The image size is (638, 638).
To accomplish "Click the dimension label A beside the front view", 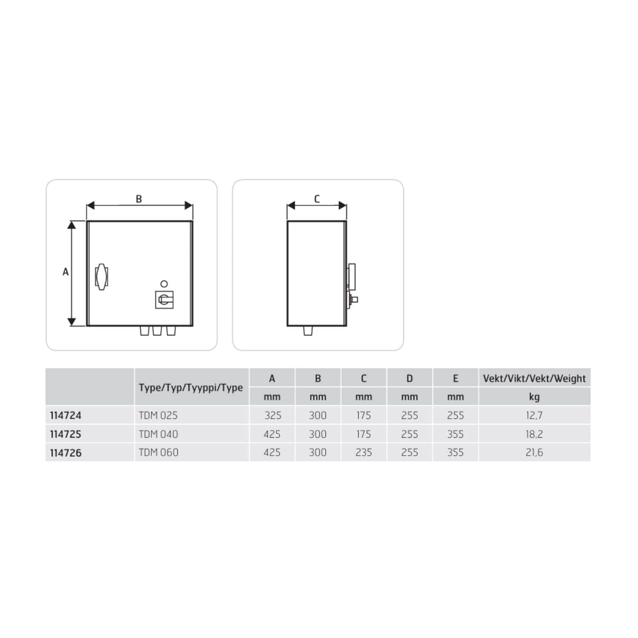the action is pyautogui.click(x=66, y=272).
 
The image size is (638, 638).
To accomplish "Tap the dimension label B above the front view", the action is pyautogui.click(x=139, y=199).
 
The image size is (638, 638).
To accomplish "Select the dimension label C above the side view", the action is pyautogui.click(x=317, y=199).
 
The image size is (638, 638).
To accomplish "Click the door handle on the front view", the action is pyautogui.click(x=101, y=277).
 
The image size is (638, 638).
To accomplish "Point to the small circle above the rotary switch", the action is pyautogui.click(x=164, y=284).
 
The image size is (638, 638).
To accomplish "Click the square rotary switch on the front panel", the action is pyautogui.click(x=164, y=299).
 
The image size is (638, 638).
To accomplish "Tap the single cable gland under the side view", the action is pyautogui.click(x=308, y=330).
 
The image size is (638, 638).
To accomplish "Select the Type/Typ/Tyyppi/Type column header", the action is pyautogui.click(x=191, y=387).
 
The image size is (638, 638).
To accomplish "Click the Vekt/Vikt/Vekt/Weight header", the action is pyautogui.click(x=534, y=378).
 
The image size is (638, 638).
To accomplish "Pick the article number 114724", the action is pyautogui.click(x=66, y=415).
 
